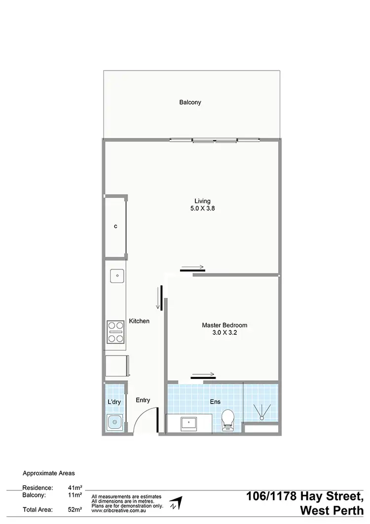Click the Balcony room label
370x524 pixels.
pos(190,103)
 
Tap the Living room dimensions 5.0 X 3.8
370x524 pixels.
pos(202,208)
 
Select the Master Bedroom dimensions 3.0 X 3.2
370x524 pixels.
pos(224,333)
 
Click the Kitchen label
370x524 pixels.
pos(139,321)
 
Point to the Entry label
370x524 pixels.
pos(143,401)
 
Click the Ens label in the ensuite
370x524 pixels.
pos(215,403)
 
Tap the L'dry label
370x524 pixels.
pos(114,402)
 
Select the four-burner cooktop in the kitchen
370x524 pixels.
pos(115,332)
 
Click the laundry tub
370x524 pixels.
pos(114,422)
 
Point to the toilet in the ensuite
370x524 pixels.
pos(228,420)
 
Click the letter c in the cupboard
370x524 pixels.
pos(115,227)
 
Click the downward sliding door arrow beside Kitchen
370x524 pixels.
pos(159,298)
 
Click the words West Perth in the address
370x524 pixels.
pos(333,509)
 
